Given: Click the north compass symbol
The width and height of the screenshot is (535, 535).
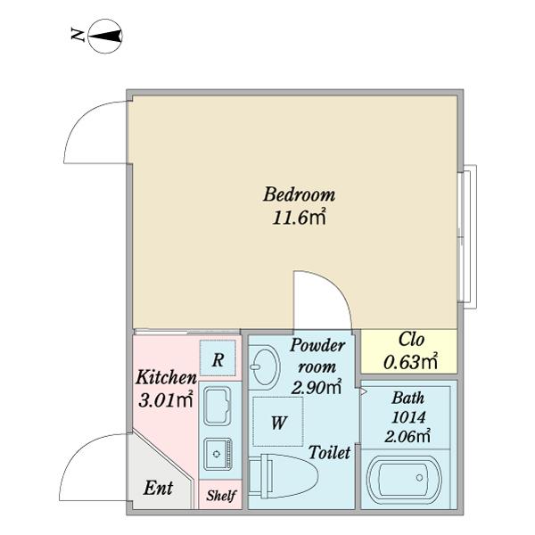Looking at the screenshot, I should pos(105,37).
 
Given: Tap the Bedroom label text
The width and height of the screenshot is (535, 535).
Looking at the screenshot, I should pos(299,194).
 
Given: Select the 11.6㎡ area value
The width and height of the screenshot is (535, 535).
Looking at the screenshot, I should pos(300,217).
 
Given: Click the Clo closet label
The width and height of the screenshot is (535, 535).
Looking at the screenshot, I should pos(410,340).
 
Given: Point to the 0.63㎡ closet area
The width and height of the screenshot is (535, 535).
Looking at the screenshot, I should pos(410,361).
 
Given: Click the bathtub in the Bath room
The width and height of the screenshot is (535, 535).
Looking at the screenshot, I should pos(406,481).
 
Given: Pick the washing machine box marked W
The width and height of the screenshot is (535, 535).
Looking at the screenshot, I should pos(277,424).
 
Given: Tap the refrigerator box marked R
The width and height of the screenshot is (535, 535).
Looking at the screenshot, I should pos(218,360).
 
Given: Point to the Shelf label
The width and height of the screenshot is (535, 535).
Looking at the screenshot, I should pos(220,495).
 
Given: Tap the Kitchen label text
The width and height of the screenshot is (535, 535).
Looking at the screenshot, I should pos(166,377).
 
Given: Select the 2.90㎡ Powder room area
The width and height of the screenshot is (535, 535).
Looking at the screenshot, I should pos(317,387).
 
